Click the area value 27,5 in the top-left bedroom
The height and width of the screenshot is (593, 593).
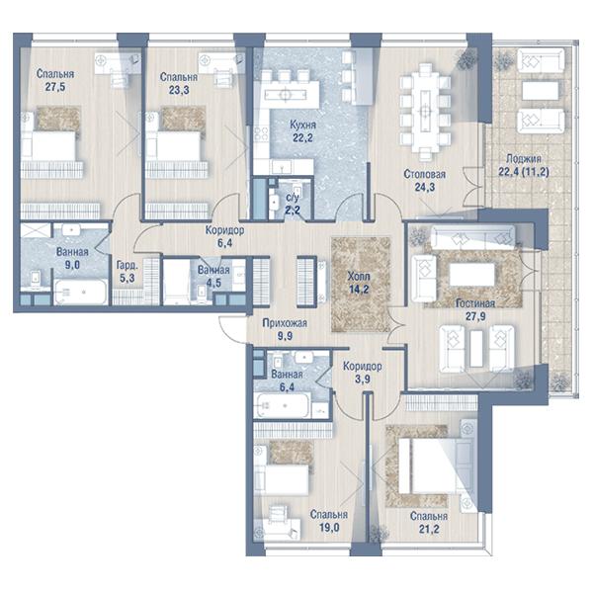click(x=55, y=87)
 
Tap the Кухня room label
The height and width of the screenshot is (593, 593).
click(x=303, y=125)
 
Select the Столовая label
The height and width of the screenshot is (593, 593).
click(x=424, y=174)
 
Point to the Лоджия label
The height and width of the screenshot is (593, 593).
click(x=524, y=159)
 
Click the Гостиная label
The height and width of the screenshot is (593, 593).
click(x=475, y=303)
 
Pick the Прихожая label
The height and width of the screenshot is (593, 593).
click(x=285, y=323)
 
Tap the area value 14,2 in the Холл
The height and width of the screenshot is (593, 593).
click(x=359, y=290)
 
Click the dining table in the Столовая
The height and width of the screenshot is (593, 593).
click(x=426, y=112)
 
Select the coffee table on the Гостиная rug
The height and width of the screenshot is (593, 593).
click(x=472, y=274)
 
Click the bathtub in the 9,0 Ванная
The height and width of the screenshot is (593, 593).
click(x=80, y=292)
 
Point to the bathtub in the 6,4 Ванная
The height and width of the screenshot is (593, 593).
click(x=283, y=405)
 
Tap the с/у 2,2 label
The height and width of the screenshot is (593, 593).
click(x=293, y=203)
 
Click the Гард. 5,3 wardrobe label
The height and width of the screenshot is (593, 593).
click(x=127, y=272)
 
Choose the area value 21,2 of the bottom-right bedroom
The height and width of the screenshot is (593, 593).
click(x=429, y=529)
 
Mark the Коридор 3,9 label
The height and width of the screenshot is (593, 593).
click(x=363, y=373)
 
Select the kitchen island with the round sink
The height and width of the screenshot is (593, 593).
click(x=287, y=94)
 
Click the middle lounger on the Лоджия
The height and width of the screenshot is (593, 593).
click(x=540, y=91)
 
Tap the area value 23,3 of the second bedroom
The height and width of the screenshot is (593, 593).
click(x=179, y=90)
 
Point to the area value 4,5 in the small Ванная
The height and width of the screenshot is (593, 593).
click(x=213, y=283)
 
